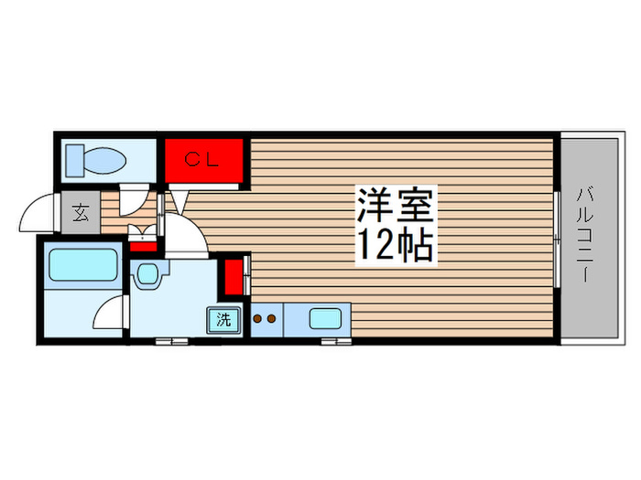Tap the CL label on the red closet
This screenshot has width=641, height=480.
(x=201, y=160)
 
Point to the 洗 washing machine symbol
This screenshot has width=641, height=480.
(x=223, y=320)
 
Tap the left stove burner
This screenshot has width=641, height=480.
(x=257, y=319)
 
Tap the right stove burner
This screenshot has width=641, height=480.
(x=272, y=319)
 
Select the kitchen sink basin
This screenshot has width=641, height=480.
(x=325, y=320)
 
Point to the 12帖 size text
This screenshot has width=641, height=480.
(x=396, y=244)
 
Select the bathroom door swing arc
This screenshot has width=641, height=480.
(x=110, y=313)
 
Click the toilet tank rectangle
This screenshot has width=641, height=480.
(x=73, y=163)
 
